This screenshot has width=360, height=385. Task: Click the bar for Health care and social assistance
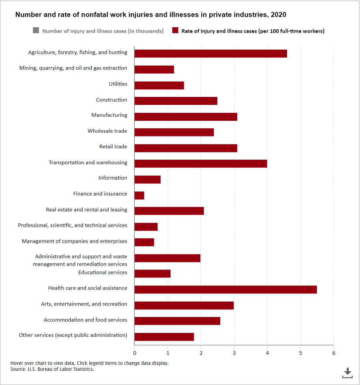tap(226, 289)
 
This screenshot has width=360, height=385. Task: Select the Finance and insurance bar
tap(139, 195)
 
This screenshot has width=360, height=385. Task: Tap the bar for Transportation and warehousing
tap(201, 164)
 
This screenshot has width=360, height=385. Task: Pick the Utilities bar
tap(159, 85)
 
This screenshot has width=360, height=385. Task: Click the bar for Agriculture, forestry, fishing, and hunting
tap(211, 54)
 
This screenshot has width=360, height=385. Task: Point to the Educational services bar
tap(153, 273)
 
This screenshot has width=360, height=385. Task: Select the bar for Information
tap(148, 180)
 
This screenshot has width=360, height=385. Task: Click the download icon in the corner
tap(347, 373)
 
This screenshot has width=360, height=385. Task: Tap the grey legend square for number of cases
tap(36, 31)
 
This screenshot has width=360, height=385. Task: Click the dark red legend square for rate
tap(175, 31)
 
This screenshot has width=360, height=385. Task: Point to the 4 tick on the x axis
tap(267, 353)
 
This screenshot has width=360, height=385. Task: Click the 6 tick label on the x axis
tap(334, 353)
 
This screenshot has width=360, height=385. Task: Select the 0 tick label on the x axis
tap(135, 353)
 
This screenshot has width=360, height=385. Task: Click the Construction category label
tap(111, 100)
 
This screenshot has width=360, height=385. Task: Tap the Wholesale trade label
tap(107, 131)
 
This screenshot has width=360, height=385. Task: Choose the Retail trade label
tap(113, 147)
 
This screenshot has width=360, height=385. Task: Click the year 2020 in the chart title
tap(278, 15)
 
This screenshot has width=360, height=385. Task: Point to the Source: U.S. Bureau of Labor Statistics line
tap(52, 369)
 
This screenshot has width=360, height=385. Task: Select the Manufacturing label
tap(109, 115)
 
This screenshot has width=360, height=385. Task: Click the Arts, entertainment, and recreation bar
tap(184, 305)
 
